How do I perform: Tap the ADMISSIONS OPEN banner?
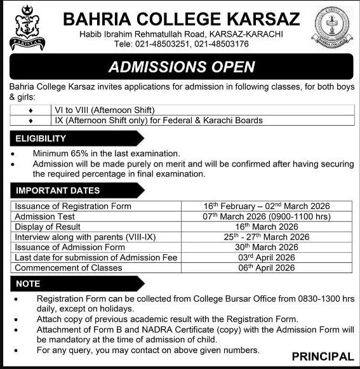181,67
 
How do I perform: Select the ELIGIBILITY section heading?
41,138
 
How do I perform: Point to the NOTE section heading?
27,283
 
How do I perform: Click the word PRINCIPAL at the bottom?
323,356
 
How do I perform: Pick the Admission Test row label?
45,217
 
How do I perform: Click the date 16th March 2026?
267,227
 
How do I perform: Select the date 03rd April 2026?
267,257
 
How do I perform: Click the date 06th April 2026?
267,267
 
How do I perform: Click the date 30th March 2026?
267,247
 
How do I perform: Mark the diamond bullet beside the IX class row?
30,119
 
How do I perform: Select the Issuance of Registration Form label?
73,206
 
